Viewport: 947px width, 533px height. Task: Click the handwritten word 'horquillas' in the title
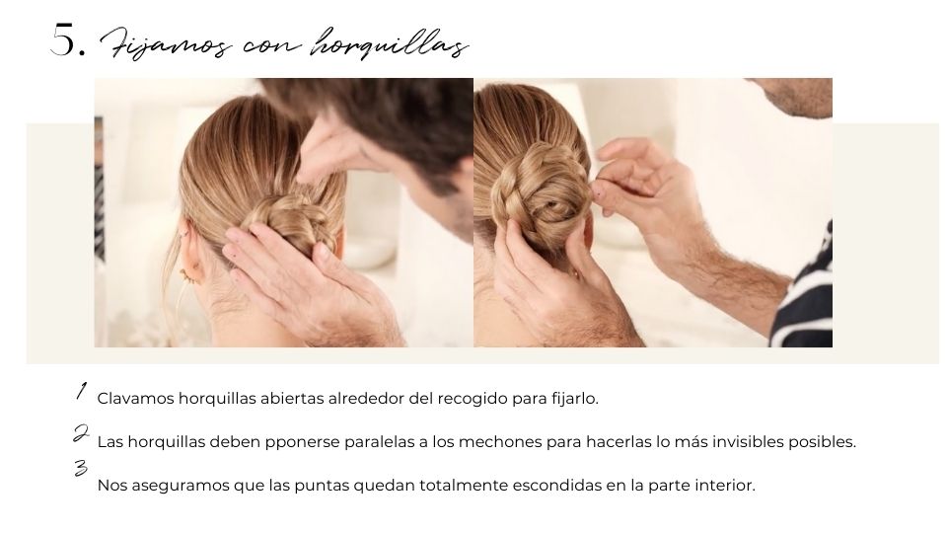click(x=390, y=43)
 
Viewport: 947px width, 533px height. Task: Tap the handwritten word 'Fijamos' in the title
click(x=166, y=44)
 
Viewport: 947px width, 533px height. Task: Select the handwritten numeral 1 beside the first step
click(x=81, y=391)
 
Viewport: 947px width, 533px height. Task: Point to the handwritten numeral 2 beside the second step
click(x=81, y=434)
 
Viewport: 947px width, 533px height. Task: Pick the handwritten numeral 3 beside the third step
click(x=81, y=468)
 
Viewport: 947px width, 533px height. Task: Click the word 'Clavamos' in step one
click(x=135, y=399)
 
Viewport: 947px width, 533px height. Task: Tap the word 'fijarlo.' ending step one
click(x=575, y=400)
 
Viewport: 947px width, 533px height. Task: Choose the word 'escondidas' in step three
click(x=558, y=486)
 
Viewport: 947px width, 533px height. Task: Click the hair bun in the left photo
click(x=294, y=223)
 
